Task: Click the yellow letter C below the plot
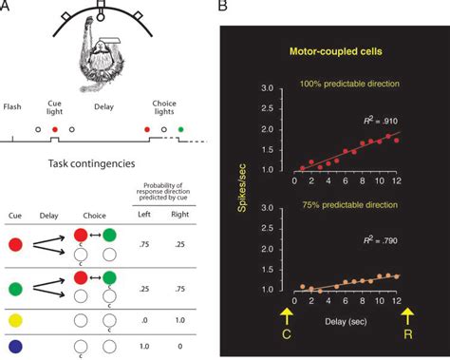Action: [286, 332]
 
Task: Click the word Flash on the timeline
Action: [15, 107]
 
